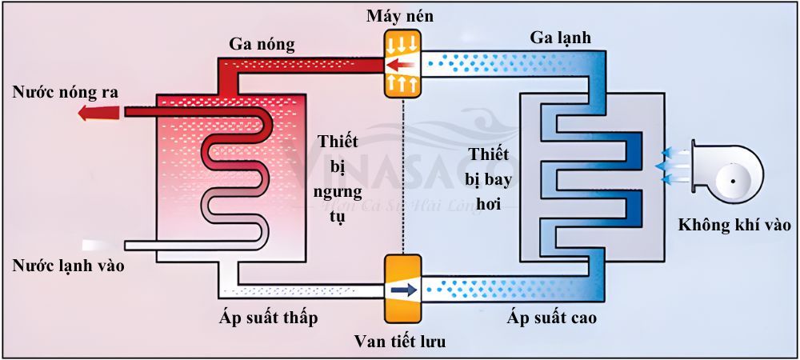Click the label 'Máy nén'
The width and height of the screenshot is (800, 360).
pyautogui.click(x=401, y=16)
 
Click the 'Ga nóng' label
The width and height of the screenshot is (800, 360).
pyautogui.click(x=262, y=43)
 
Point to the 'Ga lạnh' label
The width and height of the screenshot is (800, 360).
pyautogui.click(x=560, y=38)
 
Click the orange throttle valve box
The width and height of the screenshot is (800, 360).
pyautogui.click(x=402, y=288)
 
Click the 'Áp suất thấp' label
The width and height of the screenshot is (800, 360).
pyautogui.click(x=269, y=318)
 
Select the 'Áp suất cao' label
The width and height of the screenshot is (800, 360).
pyautogui.click(x=552, y=318)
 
